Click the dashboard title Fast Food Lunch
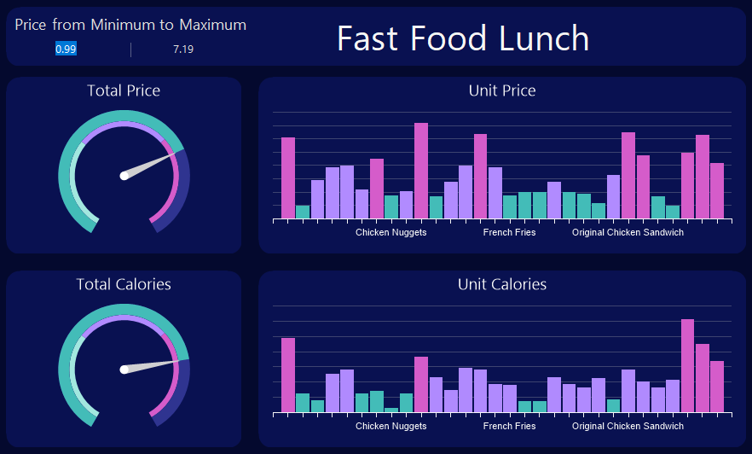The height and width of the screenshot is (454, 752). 463,38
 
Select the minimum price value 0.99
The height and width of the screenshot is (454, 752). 66,49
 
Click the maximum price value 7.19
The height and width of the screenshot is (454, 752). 183,49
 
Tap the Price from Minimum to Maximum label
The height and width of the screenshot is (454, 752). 130,25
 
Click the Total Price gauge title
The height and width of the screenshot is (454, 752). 124,90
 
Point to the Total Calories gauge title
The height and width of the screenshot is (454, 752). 124,284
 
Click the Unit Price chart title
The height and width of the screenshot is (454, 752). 502,90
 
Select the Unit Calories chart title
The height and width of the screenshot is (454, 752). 502,284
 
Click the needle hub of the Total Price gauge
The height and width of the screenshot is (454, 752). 124,176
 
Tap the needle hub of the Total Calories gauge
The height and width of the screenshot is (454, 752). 124,370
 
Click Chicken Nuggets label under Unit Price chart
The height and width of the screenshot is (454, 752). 390,232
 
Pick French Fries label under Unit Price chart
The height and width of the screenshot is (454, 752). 509,232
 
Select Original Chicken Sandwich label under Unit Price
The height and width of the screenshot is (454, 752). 628,232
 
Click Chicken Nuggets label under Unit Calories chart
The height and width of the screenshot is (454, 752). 390,426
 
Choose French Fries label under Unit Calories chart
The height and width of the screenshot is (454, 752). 509,426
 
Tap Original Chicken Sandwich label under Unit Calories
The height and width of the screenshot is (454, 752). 628,426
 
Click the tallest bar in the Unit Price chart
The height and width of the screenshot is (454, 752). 421,171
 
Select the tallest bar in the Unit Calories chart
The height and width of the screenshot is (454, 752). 687,365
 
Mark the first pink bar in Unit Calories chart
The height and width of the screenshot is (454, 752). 288,375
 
